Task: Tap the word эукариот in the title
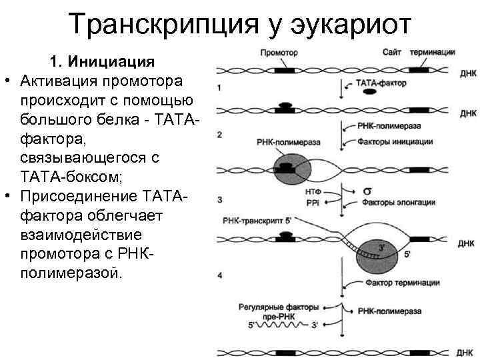click(x=360, y=25)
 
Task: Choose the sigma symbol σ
click(x=366, y=191)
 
